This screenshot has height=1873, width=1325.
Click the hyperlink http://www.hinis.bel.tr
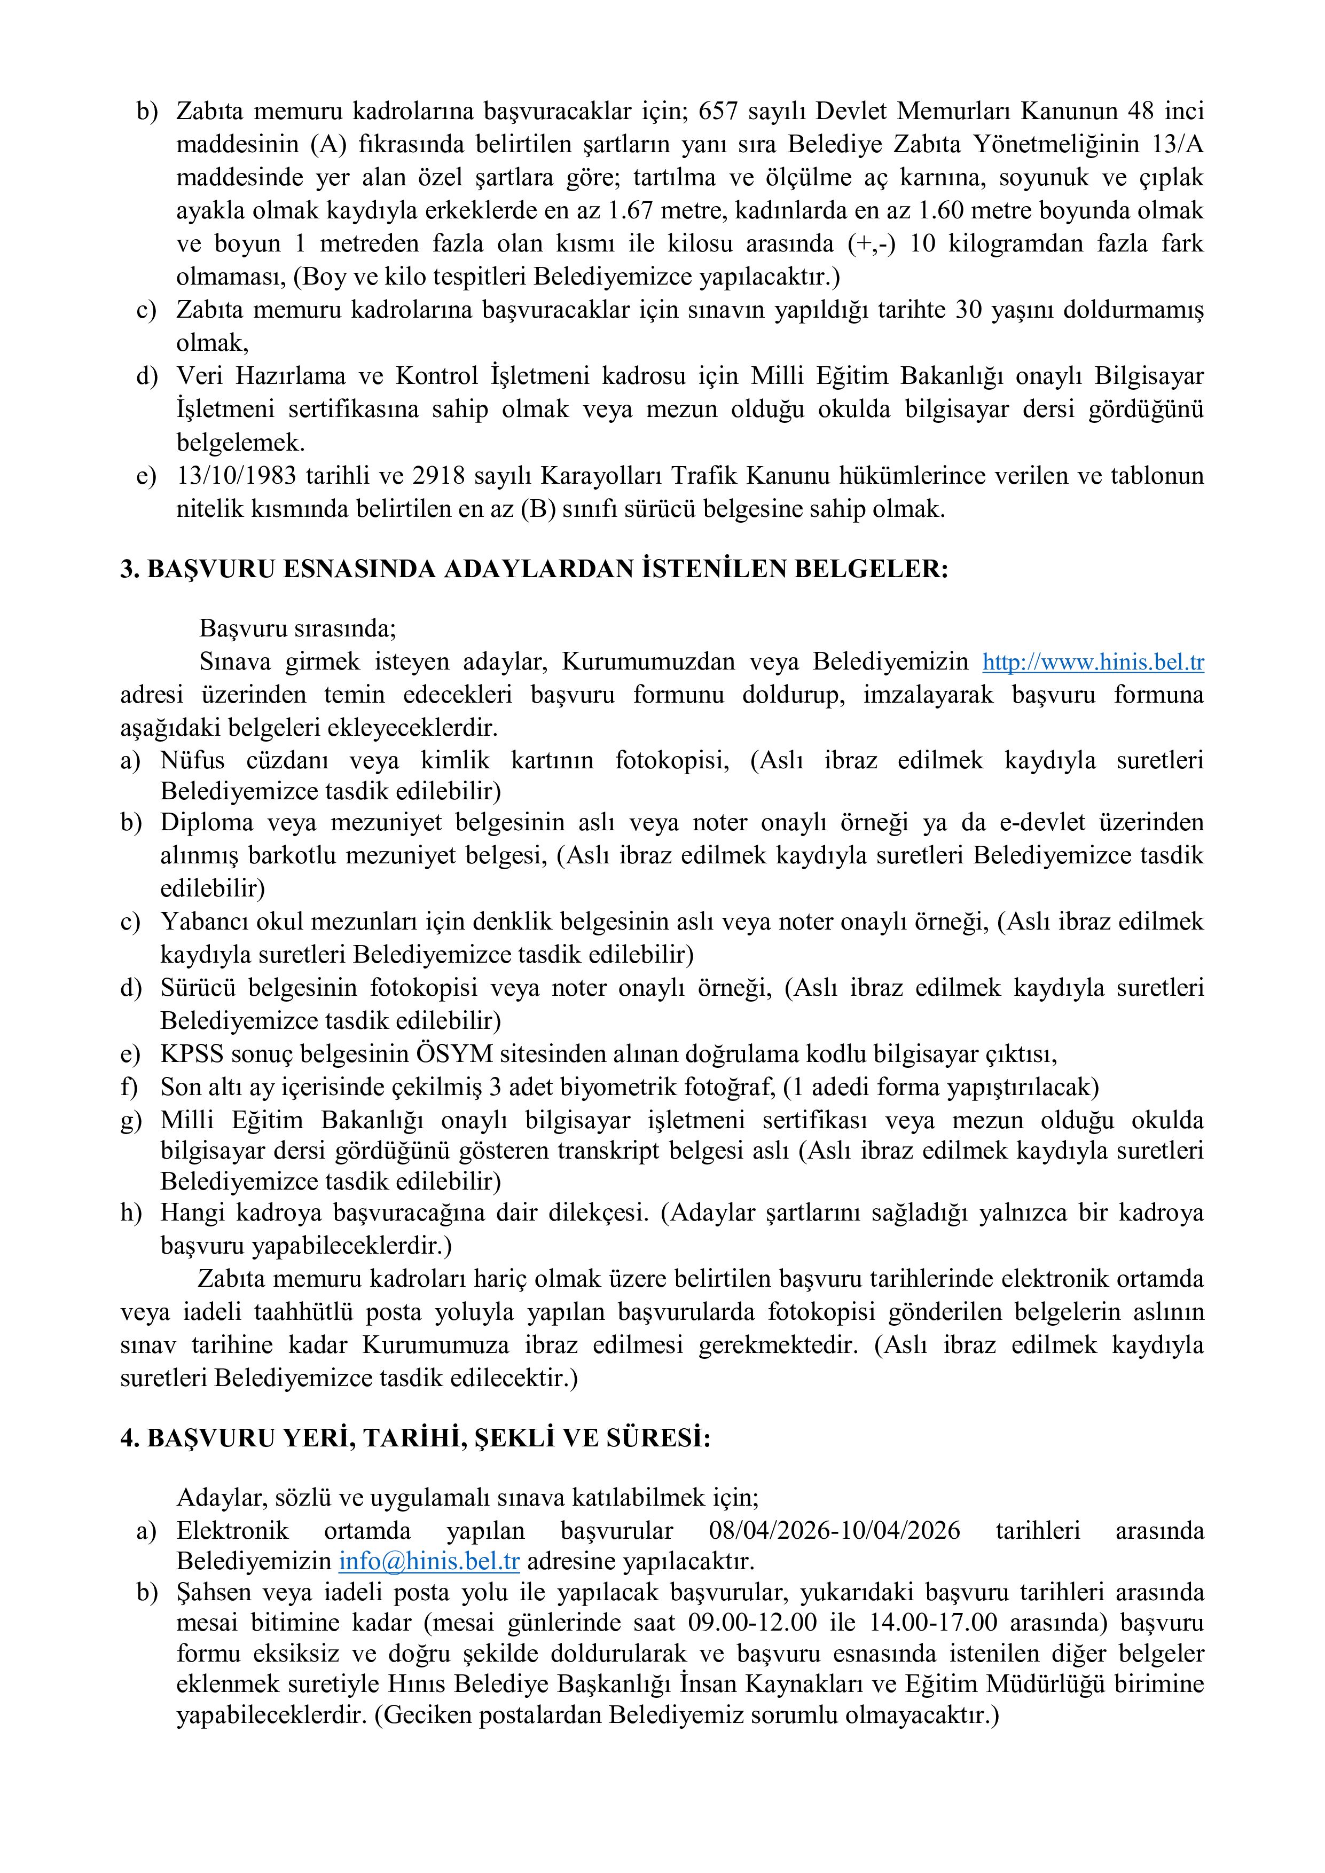1093,663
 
